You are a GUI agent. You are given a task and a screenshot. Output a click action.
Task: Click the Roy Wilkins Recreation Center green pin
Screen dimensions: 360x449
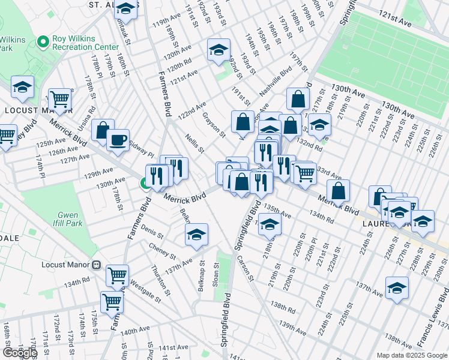click(42, 42)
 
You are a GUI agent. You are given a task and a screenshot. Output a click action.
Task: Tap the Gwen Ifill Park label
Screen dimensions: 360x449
click(70, 219)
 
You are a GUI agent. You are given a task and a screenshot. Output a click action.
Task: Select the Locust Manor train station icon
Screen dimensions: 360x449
click(95, 265)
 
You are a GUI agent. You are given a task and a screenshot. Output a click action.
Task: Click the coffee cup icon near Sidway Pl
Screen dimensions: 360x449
click(118, 139)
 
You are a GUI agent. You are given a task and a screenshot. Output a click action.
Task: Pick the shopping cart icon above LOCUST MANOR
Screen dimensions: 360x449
click(60, 98)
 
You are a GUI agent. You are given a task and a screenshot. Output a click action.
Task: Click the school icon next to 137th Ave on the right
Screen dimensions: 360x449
click(397, 288)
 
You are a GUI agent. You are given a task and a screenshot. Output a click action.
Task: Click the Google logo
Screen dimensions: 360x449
click(19, 353)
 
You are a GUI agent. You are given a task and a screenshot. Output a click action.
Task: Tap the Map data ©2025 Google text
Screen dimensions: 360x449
click(412, 355)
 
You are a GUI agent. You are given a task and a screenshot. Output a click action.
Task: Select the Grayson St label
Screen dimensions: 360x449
click(214, 124)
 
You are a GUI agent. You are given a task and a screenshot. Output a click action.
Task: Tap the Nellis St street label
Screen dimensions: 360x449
click(195, 143)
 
